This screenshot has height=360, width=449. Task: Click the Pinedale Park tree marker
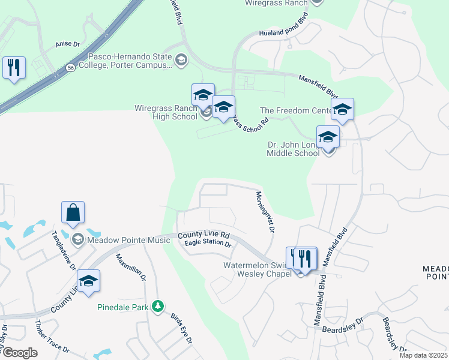pyautogui.click(x=158, y=307)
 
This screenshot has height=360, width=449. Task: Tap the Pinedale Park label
pyautogui.click(x=122, y=307)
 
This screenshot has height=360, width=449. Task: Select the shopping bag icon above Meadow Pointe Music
pyautogui.click(x=73, y=213)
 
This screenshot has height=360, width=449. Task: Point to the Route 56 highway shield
pyautogui.click(x=71, y=68)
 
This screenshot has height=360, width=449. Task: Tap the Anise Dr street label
pyautogui.click(x=67, y=44)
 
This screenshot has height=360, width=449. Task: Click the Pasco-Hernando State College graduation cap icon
pyautogui.click(x=181, y=59)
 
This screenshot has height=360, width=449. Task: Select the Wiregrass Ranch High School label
pyautogui.click(x=166, y=112)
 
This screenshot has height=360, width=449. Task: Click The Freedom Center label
pyautogui.click(x=296, y=110)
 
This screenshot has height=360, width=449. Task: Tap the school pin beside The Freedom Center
pyautogui.click(x=342, y=110)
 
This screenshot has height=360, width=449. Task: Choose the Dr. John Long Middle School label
pyautogui.click(x=293, y=149)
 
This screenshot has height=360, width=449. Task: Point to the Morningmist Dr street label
pyautogui.click(x=265, y=212)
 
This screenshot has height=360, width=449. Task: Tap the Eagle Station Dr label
pyautogui.click(x=208, y=243)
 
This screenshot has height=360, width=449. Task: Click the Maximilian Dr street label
pyautogui.click(x=131, y=267)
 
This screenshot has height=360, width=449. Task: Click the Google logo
pyautogui.click(x=19, y=352)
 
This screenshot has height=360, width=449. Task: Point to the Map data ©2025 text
pyautogui.click(x=424, y=355)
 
